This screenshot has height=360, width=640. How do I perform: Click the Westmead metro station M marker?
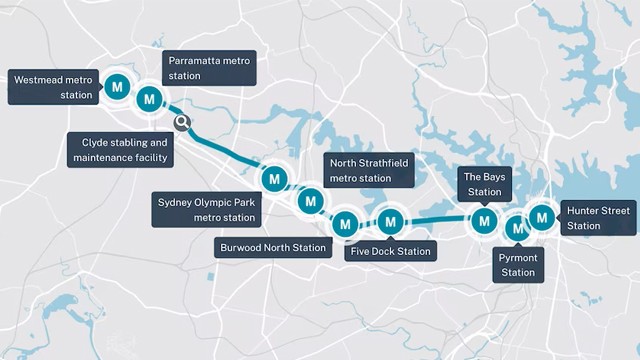118,87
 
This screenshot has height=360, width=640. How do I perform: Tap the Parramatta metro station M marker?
149,98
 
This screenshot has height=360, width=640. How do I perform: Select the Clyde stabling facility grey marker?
182,123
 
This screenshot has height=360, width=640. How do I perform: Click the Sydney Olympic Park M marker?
274,178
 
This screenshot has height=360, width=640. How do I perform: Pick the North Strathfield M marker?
310,202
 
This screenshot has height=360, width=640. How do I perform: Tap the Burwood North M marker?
345,223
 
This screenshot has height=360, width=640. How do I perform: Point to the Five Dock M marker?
390,221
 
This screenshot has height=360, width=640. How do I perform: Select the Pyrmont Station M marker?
518,228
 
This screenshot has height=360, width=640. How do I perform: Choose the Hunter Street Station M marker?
542,216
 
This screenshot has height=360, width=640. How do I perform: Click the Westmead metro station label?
53,87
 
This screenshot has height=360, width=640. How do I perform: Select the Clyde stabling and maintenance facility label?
125,150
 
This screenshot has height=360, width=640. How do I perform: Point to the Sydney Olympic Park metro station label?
205,209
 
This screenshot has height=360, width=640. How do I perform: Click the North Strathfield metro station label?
369,171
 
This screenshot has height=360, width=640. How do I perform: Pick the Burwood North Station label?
273,247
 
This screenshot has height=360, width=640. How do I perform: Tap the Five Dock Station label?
391,251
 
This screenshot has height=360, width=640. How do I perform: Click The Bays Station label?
485,184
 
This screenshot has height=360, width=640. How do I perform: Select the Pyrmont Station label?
518,265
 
